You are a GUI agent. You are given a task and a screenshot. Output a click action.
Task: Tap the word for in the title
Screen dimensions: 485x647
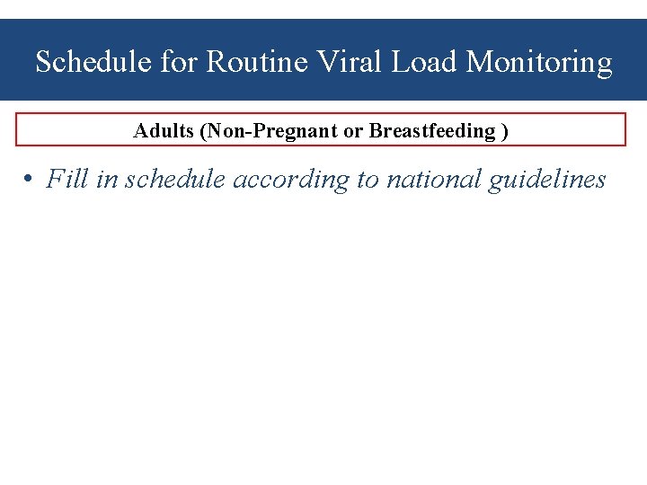pos(180,63)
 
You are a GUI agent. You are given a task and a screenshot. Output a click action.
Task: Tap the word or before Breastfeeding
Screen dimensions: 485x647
pos(353,131)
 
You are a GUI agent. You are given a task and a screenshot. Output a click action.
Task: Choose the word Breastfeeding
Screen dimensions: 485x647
pos(432,131)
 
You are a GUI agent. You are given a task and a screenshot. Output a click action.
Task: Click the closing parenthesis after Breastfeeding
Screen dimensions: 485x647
pos(505,131)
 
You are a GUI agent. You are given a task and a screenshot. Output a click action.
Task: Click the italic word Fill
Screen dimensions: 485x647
pos(66,180)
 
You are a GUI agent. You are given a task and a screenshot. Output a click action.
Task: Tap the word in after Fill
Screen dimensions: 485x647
pos(106,180)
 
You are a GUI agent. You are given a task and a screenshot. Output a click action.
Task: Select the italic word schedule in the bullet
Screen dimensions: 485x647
pos(175,180)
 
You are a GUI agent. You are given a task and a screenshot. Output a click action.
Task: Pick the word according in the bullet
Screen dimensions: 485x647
pos(292,180)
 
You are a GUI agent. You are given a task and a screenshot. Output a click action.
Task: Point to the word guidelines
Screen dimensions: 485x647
pos(547,180)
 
